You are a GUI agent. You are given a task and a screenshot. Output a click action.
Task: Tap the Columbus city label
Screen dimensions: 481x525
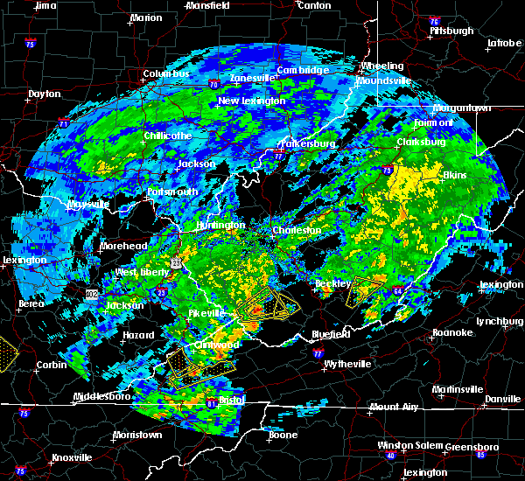click(166, 74)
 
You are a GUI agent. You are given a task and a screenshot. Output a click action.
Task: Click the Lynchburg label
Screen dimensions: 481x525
click(500, 321)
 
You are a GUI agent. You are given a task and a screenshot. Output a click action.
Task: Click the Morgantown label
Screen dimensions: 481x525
click(465, 108)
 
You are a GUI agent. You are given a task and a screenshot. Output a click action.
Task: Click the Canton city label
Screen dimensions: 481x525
click(314, 5)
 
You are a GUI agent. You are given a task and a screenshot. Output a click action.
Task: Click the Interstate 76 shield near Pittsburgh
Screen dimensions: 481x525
click(434, 21)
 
